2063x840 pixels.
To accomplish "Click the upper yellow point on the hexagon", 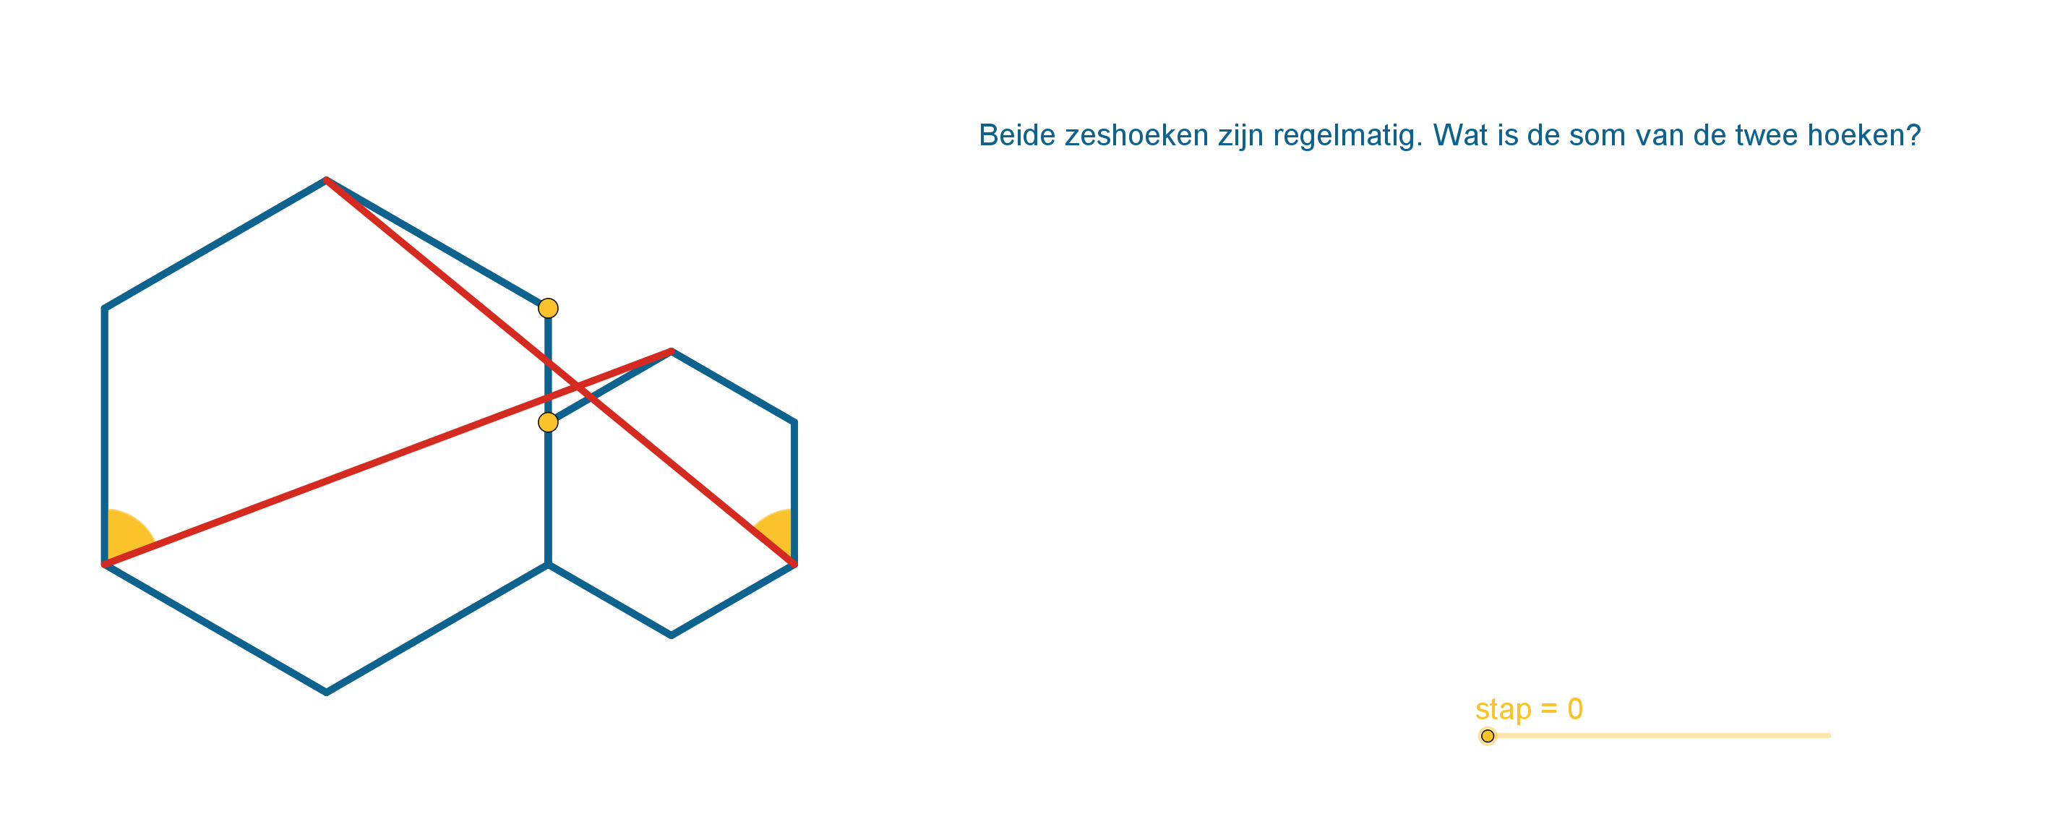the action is (x=548, y=308).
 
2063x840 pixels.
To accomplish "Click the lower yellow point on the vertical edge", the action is (x=548, y=422).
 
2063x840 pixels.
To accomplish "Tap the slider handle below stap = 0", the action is (x=1487, y=736).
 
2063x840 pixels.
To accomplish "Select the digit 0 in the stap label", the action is (x=1575, y=708).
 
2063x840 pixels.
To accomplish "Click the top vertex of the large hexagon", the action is (x=326, y=180).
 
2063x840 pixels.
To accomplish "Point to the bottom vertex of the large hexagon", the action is (x=326, y=693).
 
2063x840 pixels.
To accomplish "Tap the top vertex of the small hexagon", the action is (x=671, y=351).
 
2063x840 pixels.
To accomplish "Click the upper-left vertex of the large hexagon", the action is (x=105, y=308).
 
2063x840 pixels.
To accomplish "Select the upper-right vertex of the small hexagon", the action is (x=794, y=422).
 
